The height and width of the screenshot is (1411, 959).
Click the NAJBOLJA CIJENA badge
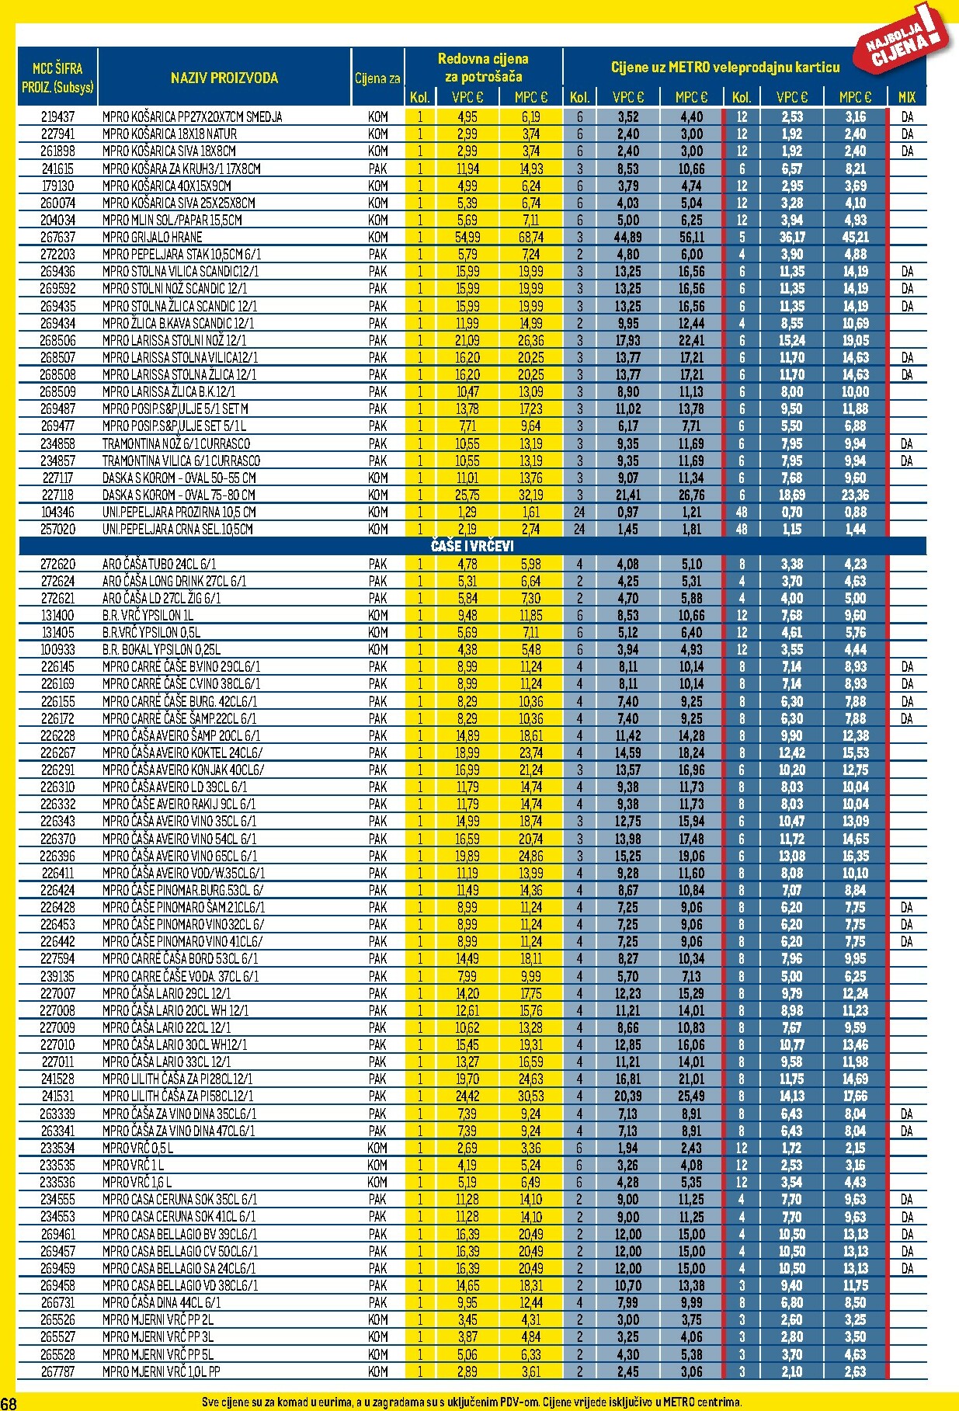(905, 39)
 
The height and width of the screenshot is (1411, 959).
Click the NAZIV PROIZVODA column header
(224, 78)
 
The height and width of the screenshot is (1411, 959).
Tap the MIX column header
(906, 97)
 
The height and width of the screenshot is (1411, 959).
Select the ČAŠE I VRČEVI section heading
(472, 546)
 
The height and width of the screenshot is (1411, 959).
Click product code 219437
(57, 116)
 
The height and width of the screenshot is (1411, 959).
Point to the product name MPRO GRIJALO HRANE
(152, 237)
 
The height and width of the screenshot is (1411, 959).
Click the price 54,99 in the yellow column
(467, 237)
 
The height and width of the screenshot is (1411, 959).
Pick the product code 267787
(57, 1371)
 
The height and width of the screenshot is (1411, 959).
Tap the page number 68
(9, 1402)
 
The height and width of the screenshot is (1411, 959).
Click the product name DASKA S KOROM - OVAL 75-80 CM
(179, 495)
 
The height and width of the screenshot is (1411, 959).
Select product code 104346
(57, 512)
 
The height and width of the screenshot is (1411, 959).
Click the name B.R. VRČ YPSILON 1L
(148, 615)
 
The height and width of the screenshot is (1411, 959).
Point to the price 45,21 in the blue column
(855, 237)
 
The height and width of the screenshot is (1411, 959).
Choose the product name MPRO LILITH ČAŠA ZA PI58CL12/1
(178, 1096)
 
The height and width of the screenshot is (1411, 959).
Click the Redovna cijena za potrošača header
(483, 68)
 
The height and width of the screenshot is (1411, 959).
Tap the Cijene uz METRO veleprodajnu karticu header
(724, 68)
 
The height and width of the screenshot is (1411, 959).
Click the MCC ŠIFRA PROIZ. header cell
(57, 78)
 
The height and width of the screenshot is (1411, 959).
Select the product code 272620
(57, 564)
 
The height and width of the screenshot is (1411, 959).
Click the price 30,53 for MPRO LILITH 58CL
(531, 1096)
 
